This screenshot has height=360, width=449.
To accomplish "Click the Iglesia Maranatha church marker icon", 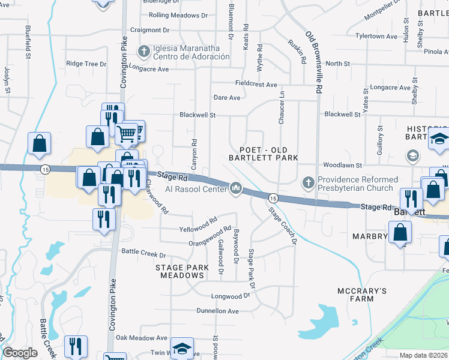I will click(x=143, y=51).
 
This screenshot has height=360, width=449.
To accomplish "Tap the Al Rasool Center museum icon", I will click(x=237, y=190).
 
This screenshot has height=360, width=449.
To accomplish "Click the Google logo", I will click(x=20, y=353).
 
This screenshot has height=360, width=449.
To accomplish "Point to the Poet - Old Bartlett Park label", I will click(x=264, y=154).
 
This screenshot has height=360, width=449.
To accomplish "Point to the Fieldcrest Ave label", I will click(x=255, y=85).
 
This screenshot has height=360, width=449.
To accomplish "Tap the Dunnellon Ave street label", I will click(x=217, y=311).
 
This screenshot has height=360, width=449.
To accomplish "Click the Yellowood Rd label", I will click(x=198, y=228).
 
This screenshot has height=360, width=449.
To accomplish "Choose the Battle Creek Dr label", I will click(x=143, y=252).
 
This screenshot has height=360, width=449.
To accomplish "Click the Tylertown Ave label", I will click(x=376, y=36).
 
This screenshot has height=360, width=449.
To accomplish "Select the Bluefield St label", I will click(x=28, y=42).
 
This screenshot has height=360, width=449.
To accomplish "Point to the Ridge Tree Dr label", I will click(x=86, y=63).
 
